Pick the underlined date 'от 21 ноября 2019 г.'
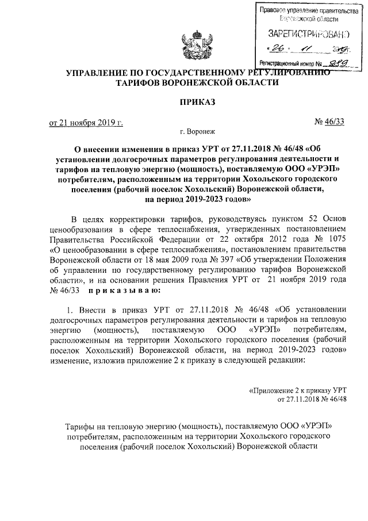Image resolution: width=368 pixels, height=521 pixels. point(86,123)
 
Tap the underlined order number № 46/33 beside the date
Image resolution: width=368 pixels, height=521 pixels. point(329,122)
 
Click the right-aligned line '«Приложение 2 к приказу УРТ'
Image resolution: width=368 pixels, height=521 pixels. point(297,390)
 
